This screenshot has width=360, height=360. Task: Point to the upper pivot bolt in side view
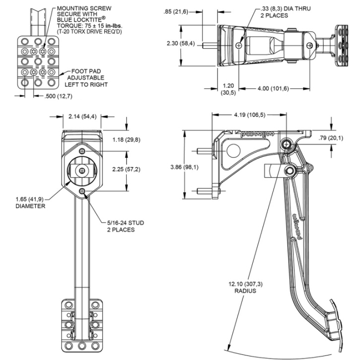click(287, 144)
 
